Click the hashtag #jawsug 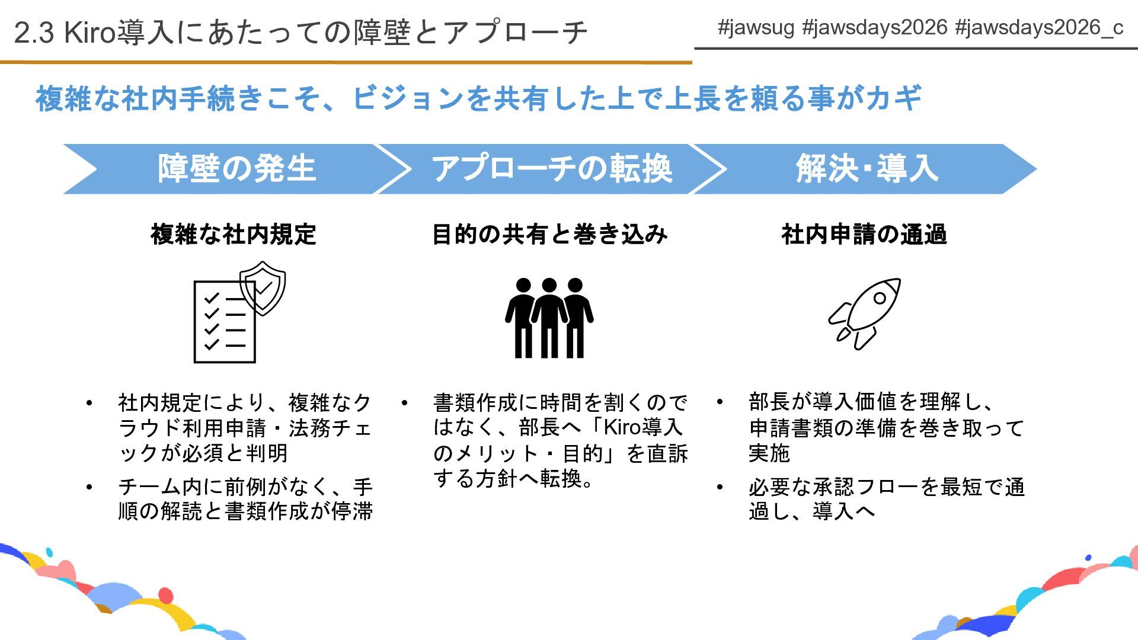coord(755,28)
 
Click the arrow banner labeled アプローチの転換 coord(551,169)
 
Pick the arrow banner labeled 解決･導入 coord(866,169)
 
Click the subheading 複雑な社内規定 coord(233,235)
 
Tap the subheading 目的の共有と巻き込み coord(549,235)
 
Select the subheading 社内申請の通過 coord(864,235)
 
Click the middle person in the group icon coord(549,317)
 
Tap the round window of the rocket coord(880,297)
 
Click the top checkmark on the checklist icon coord(212,298)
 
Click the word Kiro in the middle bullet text coord(622,427)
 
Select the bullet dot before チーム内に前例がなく coord(89,488)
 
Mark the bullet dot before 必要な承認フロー coord(720,488)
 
